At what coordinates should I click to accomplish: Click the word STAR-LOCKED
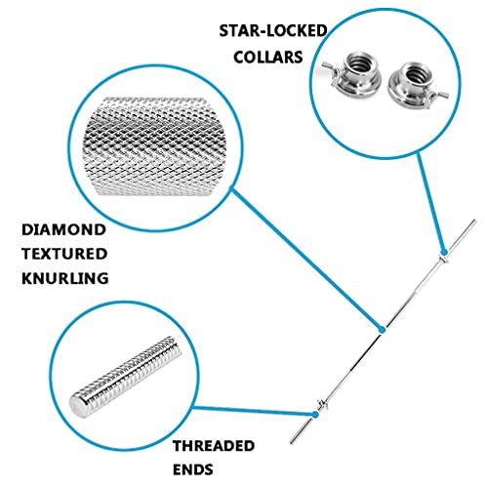pos(273,31)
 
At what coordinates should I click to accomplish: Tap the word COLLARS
pos(268,58)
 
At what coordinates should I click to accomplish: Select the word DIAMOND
pos(63,229)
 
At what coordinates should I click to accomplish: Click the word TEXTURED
pos(64,254)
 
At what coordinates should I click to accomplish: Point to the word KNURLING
pos(65,278)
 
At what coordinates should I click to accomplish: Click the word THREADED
pos(214,446)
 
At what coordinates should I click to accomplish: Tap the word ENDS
pos(193,469)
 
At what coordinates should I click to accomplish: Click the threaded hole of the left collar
pos(360,63)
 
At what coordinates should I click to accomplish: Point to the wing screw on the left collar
pos(329,67)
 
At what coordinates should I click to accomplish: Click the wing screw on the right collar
pos(439,95)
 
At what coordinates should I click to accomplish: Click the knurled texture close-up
pos(154,146)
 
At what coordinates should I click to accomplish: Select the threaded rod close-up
pos(125,378)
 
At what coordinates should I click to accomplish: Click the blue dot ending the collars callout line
pos(444,252)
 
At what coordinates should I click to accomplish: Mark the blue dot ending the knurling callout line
pos(383,330)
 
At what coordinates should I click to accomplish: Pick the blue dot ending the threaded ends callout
pos(315,414)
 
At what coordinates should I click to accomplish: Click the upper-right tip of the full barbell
pos(475,221)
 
